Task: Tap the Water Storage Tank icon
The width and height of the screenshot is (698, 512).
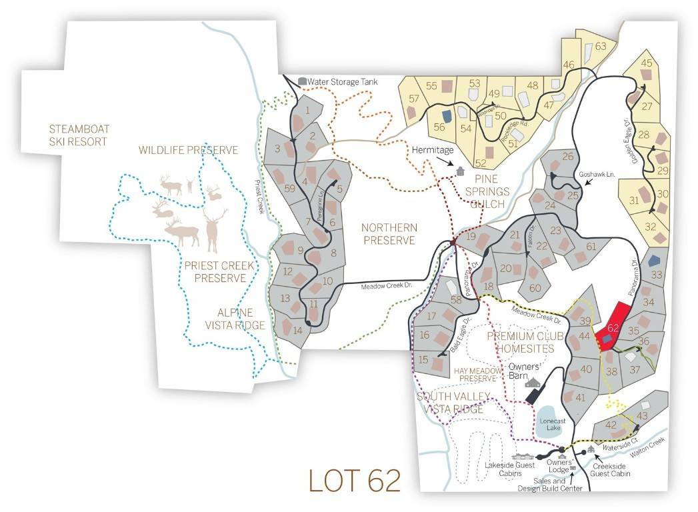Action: click(302, 81)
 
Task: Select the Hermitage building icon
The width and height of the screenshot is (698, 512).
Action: click(459, 171)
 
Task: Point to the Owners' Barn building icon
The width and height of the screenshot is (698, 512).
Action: click(533, 382)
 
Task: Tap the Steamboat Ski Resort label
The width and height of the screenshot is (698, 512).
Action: click(79, 135)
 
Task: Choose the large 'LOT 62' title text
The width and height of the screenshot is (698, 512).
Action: click(355, 480)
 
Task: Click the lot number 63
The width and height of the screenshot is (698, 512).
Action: click(601, 46)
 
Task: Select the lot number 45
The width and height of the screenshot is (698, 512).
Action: click(646, 63)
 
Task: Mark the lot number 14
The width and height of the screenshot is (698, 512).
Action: click(298, 329)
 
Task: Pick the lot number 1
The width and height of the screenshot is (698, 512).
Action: click(307, 109)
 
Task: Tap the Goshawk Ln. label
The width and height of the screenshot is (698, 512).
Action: click(595, 174)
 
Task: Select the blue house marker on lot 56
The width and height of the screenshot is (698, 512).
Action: click(447, 115)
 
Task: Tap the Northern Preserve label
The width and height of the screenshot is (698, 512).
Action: click(389, 234)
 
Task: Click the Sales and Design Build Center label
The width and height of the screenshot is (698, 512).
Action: click(550, 485)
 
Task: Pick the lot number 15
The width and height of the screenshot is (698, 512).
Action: click(423, 359)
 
